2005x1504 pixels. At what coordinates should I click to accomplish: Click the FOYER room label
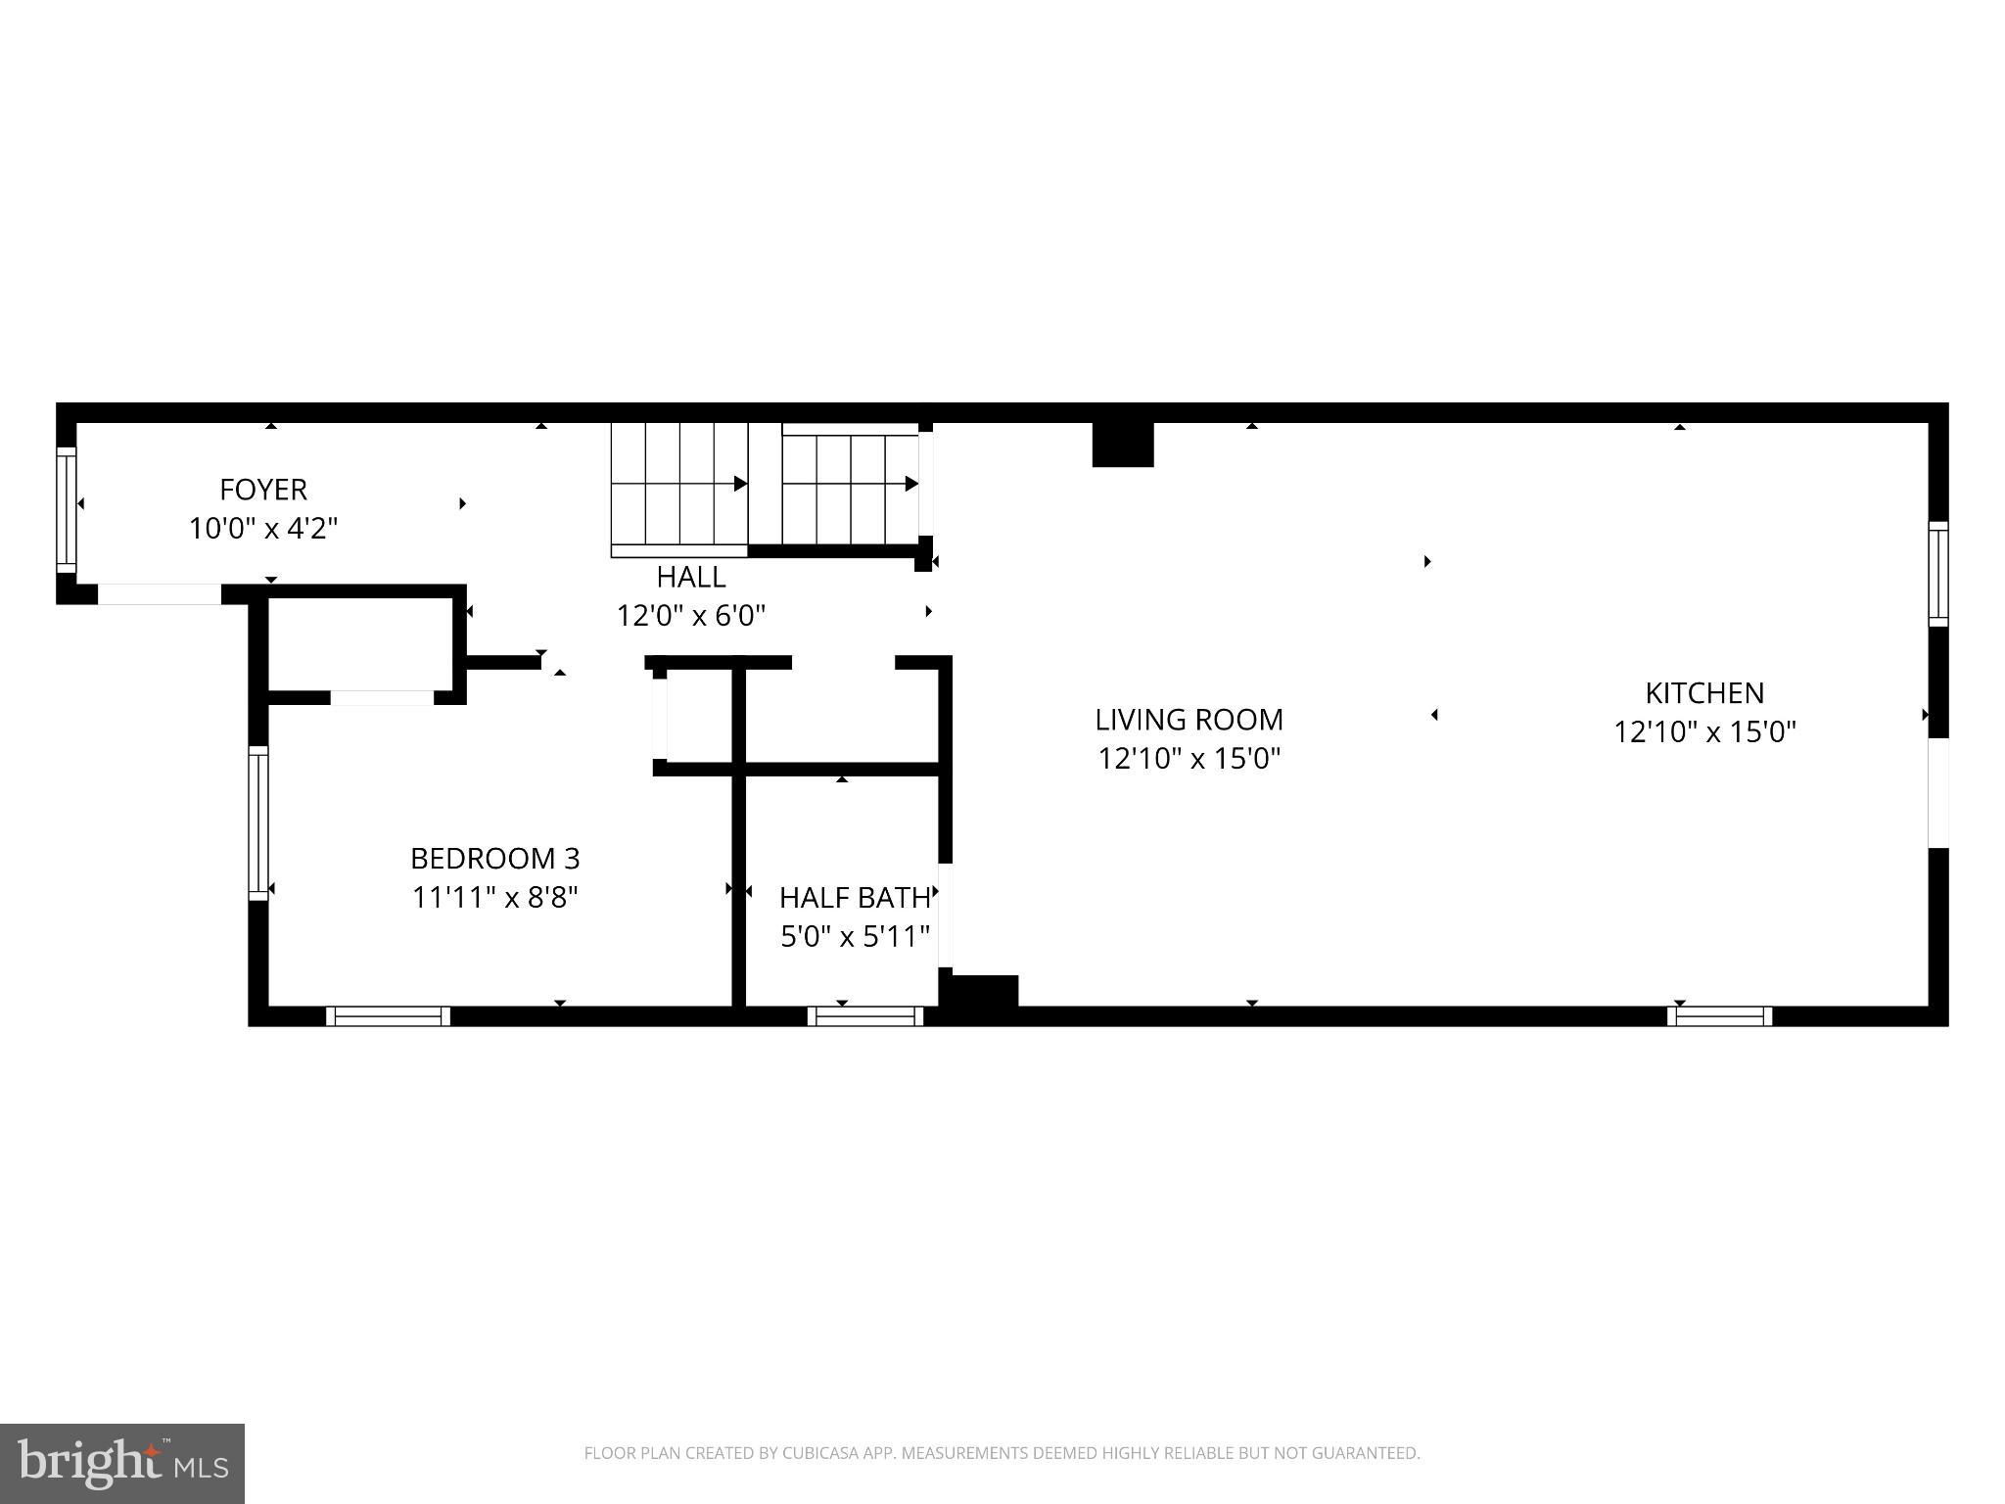[262, 489]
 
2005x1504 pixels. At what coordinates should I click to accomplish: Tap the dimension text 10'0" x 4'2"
[262, 529]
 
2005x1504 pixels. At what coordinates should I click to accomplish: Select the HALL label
[690, 576]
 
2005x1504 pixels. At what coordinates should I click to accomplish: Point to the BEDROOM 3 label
[494, 859]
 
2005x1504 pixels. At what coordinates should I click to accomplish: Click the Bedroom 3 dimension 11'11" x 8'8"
[494, 898]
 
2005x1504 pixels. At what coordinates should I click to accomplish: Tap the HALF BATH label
[854, 897]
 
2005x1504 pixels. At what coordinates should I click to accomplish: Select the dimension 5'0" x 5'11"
[854, 937]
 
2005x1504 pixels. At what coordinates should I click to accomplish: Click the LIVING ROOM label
[1189, 720]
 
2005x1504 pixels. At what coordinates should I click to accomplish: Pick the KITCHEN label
[1703, 693]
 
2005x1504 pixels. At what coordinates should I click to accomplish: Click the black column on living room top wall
[1123, 445]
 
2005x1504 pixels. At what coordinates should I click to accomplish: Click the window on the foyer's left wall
[66, 509]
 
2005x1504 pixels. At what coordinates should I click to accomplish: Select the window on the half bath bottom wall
[865, 1016]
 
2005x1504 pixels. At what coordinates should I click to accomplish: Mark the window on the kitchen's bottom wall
[1719, 1016]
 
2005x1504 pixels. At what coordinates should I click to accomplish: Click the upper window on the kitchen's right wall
[1937, 574]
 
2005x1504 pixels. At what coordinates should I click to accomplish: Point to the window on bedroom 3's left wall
[257, 822]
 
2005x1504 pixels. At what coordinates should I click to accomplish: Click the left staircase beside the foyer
[678, 484]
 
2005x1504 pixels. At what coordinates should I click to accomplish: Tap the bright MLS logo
[122, 1464]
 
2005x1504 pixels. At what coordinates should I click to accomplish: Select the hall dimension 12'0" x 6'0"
[690, 616]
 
